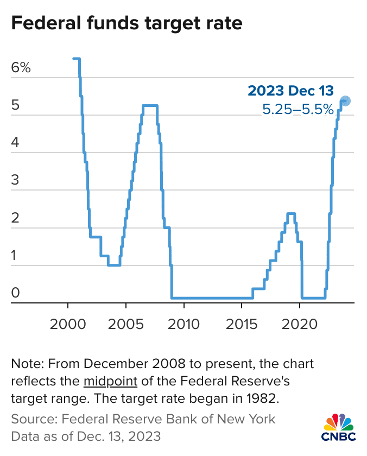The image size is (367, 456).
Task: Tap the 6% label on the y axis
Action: point(21,68)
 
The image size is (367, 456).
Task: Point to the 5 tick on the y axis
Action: point(15,106)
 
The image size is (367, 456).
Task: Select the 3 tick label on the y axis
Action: point(15,181)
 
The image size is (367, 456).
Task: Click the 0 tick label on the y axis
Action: point(15,294)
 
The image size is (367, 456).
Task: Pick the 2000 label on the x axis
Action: point(68,326)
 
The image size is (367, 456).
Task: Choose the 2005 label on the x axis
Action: point(126,326)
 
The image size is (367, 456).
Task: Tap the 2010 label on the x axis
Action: point(184,326)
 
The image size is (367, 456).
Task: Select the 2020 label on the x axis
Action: point(300,326)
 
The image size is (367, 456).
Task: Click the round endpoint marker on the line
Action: point(345,101)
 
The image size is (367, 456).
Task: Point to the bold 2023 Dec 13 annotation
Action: point(290,91)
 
